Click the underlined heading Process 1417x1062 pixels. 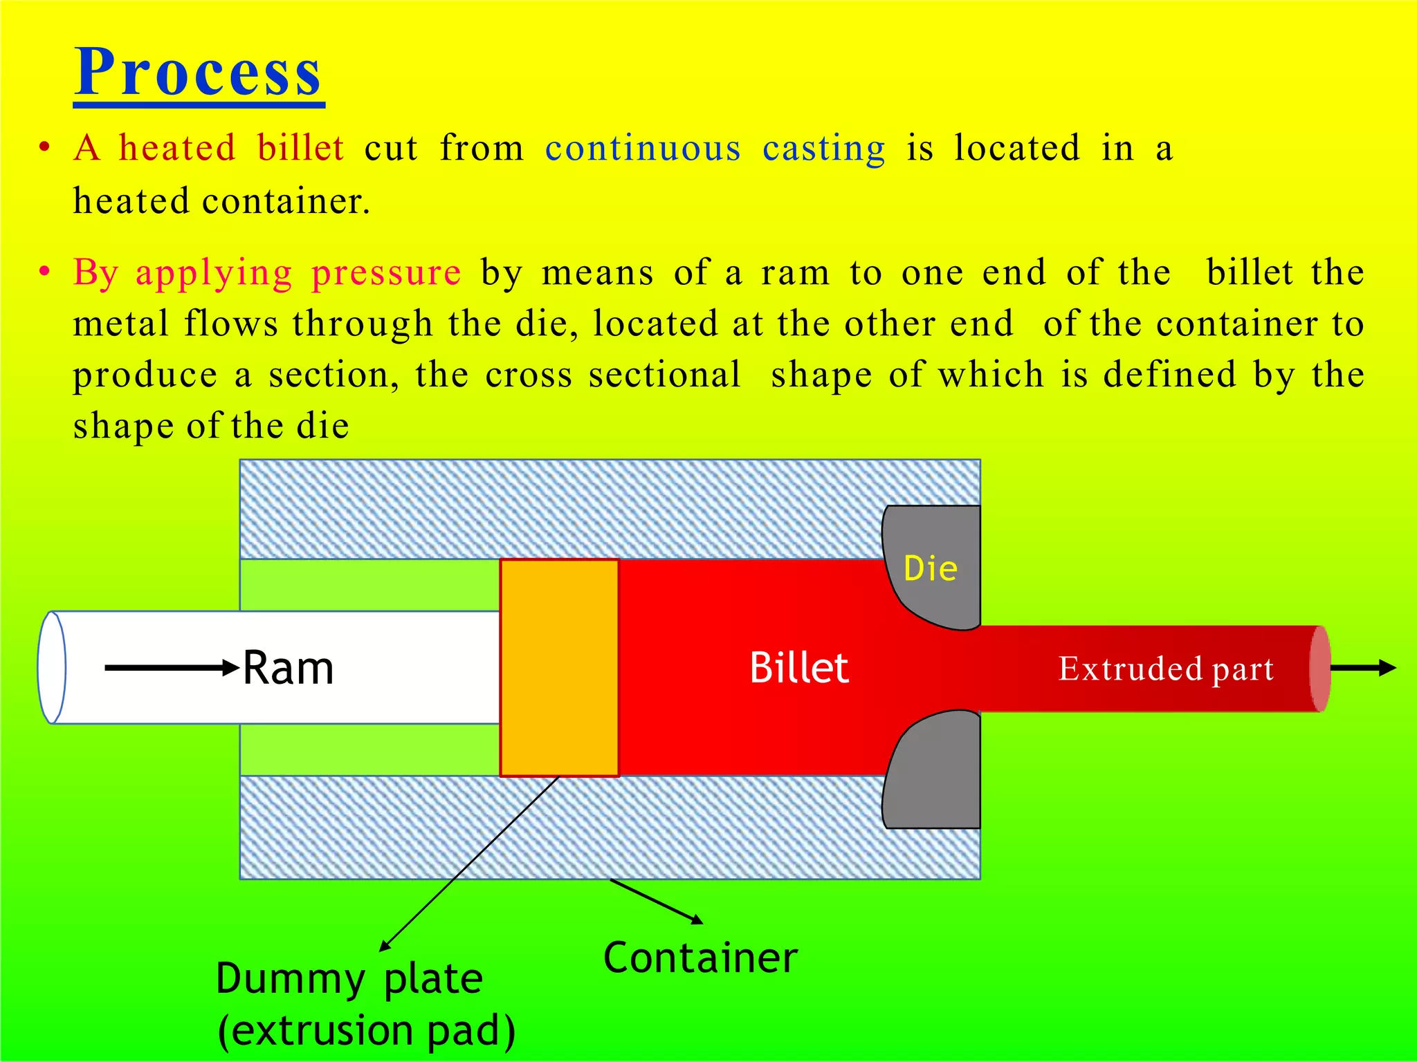tap(199, 72)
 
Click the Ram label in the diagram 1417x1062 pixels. tap(289, 668)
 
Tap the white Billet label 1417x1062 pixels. tap(799, 668)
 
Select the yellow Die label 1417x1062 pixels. tap(931, 568)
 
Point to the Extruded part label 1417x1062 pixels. tap(1166, 669)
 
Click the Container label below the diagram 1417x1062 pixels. tap(700, 958)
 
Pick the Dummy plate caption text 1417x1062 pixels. tap(349, 979)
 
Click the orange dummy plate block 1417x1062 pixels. tap(559, 668)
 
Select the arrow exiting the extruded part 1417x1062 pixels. tap(1363, 668)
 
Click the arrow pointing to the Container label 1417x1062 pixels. tap(657, 902)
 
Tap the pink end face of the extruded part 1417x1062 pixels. tap(1320, 669)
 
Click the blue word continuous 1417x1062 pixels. tap(643, 149)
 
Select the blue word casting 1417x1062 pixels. tap(823, 149)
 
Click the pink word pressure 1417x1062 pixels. tap(386, 272)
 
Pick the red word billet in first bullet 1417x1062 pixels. tap(300, 148)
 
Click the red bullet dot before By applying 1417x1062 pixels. tap(45, 272)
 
